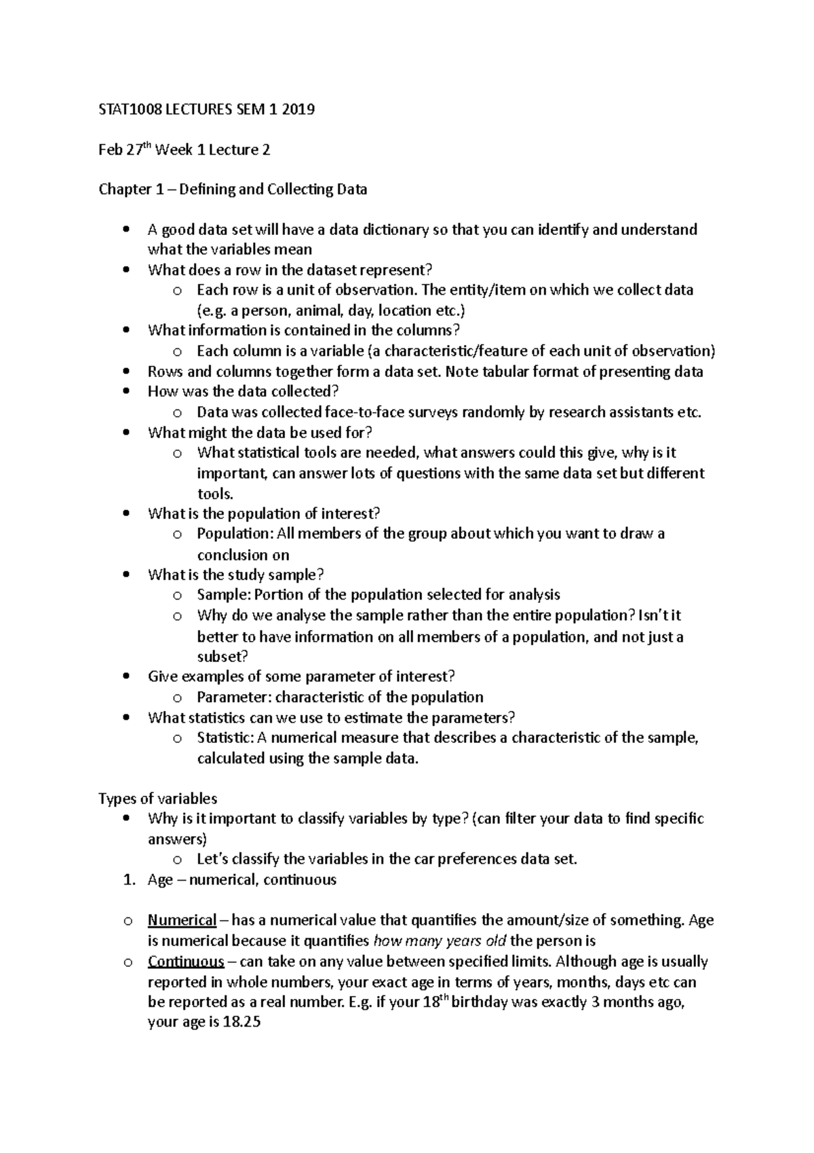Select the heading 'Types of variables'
pos(157,799)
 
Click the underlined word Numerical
pos(182,921)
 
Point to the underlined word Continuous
pos(186,962)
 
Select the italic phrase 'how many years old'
pos(440,941)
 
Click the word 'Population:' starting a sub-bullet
pos(233,534)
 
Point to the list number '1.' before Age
pos(129,880)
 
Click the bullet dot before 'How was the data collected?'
pos(125,392)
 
